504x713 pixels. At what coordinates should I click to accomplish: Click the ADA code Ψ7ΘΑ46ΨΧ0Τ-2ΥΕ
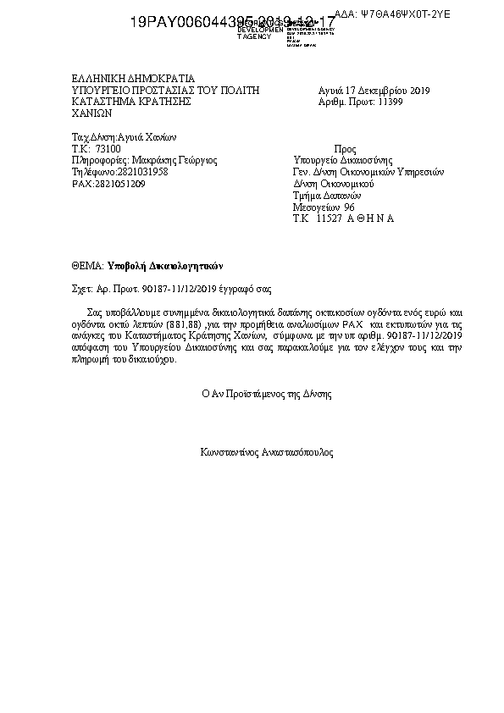405,14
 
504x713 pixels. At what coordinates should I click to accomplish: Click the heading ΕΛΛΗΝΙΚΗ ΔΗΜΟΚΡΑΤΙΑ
134,77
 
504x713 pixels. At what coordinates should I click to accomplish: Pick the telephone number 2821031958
131,171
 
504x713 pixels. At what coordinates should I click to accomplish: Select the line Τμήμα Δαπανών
320,195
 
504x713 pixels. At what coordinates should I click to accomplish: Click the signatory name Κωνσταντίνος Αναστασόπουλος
266,453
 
